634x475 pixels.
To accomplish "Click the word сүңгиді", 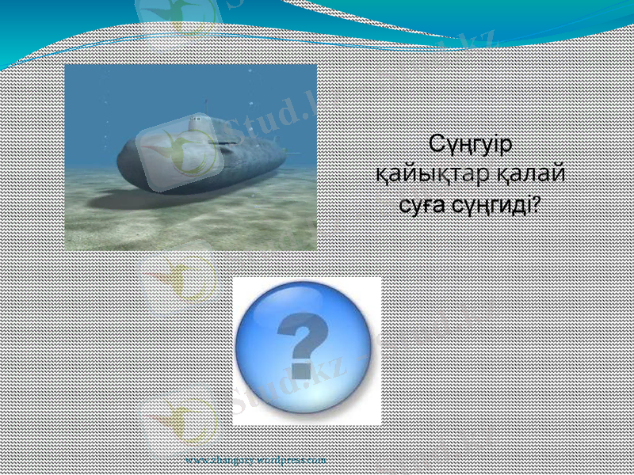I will click(491, 206).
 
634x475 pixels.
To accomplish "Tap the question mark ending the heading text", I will click(537, 204).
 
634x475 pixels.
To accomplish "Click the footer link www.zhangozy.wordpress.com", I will click(255, 459).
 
